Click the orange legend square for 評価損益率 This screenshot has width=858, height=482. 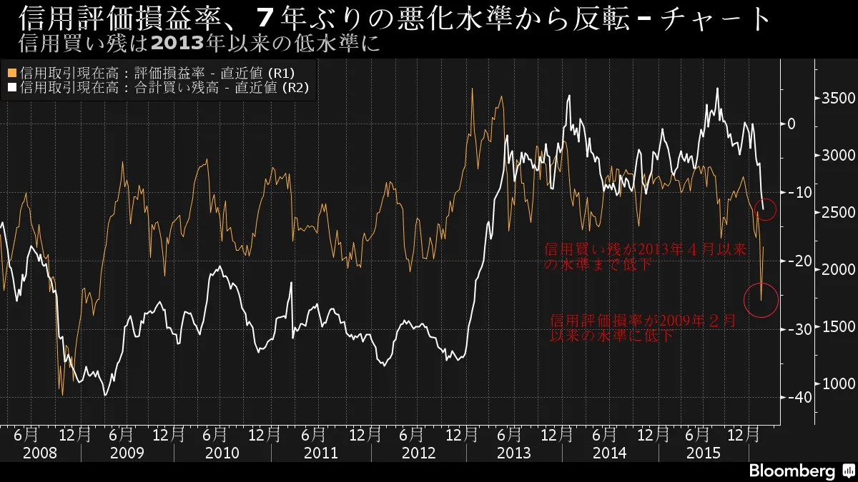(x=12, y=74)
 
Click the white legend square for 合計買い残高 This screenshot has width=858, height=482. (x=12, y=89)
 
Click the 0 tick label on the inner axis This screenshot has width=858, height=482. (x=792, y=124)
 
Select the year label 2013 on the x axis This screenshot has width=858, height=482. (x=513, y=453)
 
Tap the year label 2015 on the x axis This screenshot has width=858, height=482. (x=704, y=453)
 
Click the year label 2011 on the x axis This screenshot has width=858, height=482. (x=322, y=453)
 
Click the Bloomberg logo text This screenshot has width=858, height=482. (x=792, y=471)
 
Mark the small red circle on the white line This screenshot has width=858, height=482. (x=765, y=209)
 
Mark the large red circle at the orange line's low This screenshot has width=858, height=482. (x=761, y=300)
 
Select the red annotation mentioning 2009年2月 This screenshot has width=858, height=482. (x=642, y=328)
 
